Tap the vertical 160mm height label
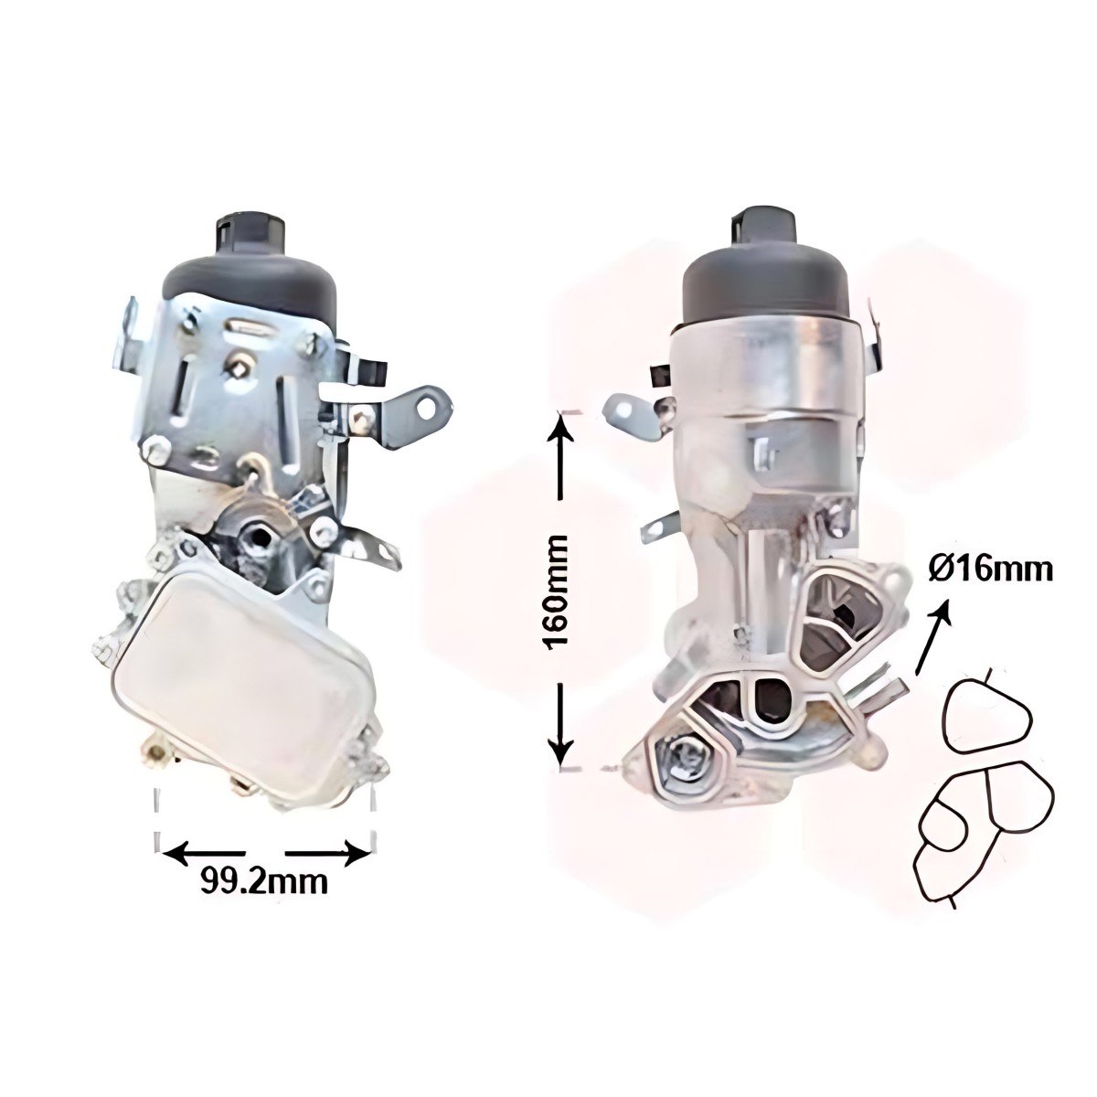pos(556,592)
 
